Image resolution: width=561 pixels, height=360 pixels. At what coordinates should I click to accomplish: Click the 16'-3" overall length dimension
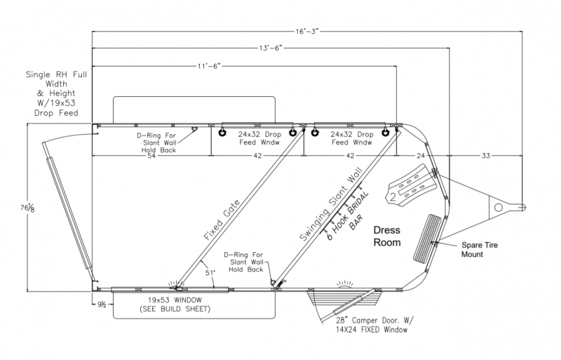[x=306, y=32]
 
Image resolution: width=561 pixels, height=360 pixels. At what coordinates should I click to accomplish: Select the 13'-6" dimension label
[x=271, y=48]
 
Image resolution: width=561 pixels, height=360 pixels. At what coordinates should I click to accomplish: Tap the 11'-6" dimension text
[x=209, y=66]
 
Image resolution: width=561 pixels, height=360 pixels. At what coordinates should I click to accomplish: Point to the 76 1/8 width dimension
[x=27, y=208]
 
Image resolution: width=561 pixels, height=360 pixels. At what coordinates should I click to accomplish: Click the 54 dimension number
[x=151, y=156]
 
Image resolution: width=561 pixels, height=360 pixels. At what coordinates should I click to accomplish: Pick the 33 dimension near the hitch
[x=485, y=156]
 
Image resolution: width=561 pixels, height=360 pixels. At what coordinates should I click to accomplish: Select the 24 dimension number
[x=421, y=156]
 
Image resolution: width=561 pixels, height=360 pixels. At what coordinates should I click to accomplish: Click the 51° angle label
[x=210, y=273]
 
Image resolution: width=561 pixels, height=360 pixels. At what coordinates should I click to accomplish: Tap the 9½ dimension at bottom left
[x=102, y=305]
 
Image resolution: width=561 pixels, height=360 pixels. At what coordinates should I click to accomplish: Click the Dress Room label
[x=387, y=236]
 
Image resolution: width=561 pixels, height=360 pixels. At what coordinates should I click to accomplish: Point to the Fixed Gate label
[x=222, y=220]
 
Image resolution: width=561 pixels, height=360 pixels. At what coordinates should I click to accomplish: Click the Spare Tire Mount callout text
[x=480, y=250]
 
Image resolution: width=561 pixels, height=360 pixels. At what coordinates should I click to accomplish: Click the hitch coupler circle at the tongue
[x=499, y=208]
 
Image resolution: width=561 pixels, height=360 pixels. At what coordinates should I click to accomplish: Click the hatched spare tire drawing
[x=427, y=239]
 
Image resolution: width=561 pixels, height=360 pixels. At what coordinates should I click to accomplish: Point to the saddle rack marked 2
[x=410, y=187]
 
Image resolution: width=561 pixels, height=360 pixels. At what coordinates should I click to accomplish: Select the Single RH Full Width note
[x=56, y=93]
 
